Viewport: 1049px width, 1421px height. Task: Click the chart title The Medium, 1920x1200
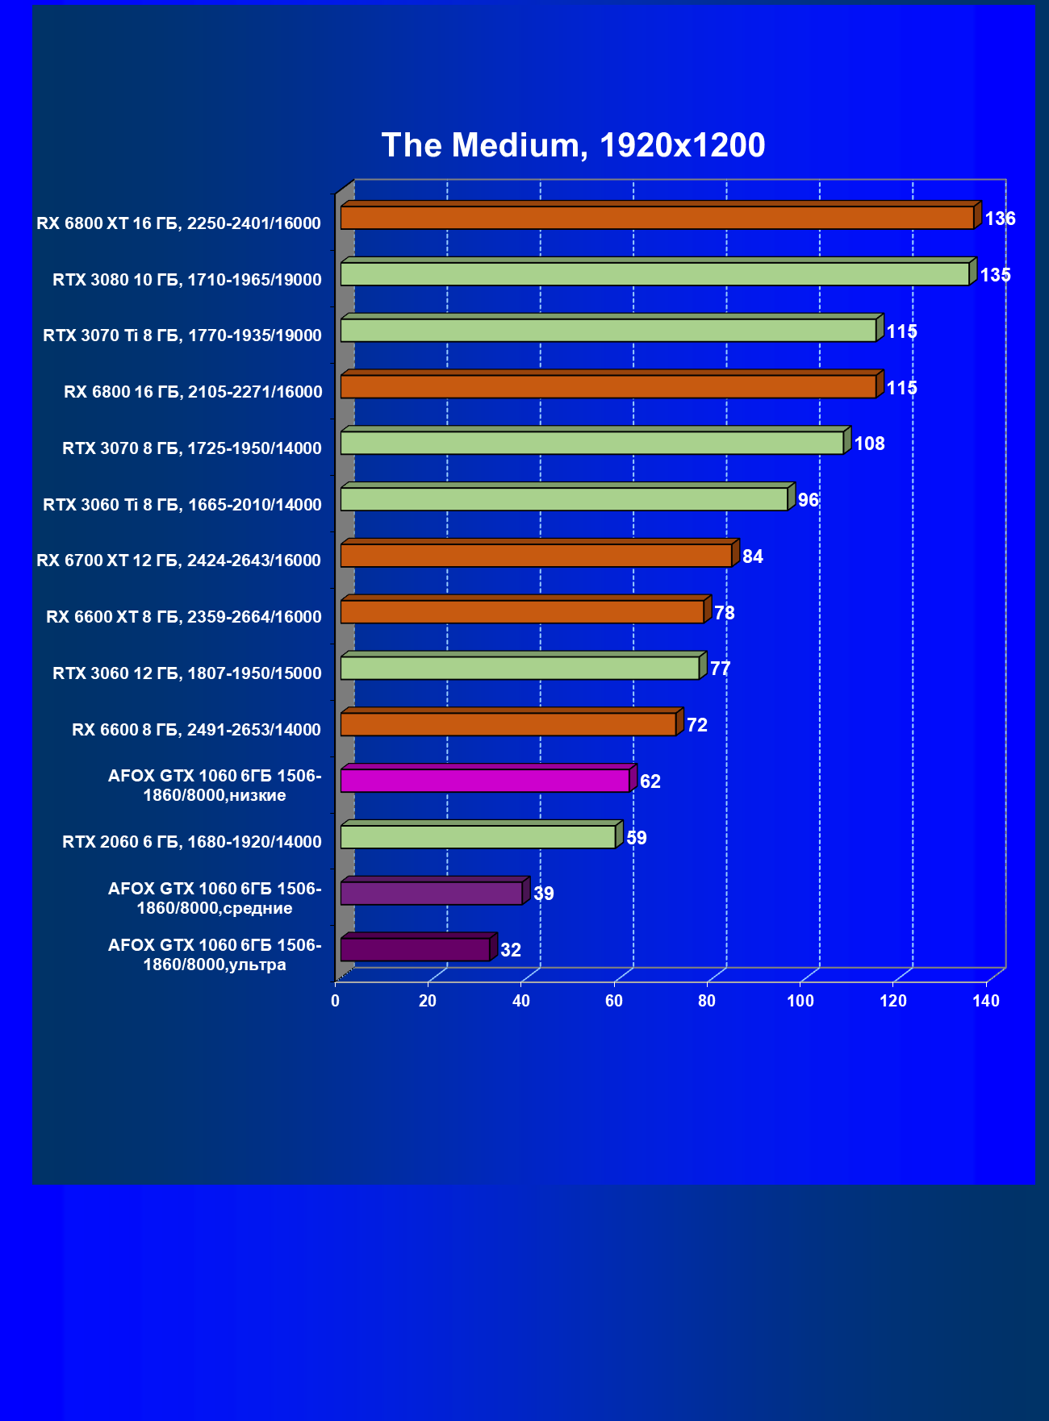(x=573, y=145)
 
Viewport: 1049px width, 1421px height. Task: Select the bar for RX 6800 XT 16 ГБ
(x=657, y=218)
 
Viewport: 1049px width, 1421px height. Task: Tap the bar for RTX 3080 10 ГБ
(x=654, y=274)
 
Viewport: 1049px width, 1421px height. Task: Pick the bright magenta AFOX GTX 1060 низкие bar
(x=484, y=781)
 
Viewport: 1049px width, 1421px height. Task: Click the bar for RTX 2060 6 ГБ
(x=478, y=837)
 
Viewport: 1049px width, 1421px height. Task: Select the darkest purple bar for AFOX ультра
(x=415, y=949)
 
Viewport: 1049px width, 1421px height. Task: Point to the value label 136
(x=1000, y=219)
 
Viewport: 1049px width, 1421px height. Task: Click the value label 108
(x=869, y=444)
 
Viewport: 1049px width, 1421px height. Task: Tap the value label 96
(x=808, y=500)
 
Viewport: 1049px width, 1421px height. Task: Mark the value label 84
(x=752, y=556)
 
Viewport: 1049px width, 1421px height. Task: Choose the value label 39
(x=543, y=894)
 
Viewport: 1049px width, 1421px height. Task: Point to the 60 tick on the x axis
(x=614, y=1001)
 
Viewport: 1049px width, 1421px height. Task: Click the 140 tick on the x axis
(x=986, y=1001)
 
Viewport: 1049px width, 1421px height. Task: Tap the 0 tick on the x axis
(x=336, y=1001)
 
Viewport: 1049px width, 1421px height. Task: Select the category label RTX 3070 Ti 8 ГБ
(x=182, y=335)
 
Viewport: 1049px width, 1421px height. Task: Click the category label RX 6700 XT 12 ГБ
(x=178, y=560)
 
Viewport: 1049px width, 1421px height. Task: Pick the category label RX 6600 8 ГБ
(x=196, y=730)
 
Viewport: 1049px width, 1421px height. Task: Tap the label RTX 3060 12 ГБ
(x=187, y=673)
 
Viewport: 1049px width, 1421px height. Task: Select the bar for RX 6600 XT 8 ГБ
(x=521, y=612)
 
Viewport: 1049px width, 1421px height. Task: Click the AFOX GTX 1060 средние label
(x=215, y=898)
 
